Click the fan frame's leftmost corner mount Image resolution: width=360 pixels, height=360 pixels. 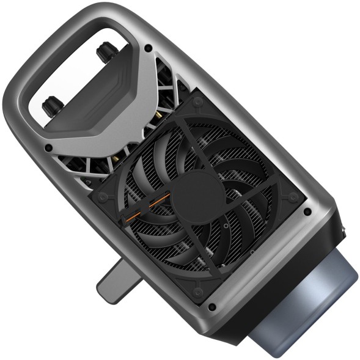101,197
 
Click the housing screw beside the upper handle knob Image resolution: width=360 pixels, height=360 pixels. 148,48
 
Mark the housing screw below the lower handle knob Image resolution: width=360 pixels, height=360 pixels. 48,147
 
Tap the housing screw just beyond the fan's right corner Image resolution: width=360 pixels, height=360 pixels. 307,211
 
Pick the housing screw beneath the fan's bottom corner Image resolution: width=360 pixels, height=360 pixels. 211,307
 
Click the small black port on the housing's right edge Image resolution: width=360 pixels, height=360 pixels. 343,232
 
